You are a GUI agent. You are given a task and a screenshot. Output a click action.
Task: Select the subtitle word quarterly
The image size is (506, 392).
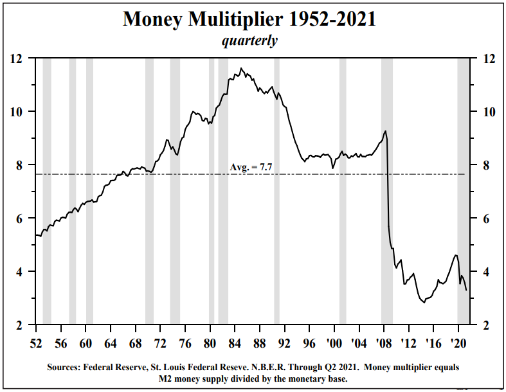click(249, 40)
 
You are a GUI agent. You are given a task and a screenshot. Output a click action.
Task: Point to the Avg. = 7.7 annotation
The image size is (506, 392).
click(251, 167)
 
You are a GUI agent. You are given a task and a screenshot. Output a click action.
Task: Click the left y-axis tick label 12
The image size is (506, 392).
click(18, 58)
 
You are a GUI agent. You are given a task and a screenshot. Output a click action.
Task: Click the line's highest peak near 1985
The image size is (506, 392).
click(241, 68)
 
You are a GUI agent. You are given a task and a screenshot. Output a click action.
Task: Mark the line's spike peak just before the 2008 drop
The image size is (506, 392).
click(385, 131)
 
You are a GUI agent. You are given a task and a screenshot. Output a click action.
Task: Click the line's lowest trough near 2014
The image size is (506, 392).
click(424, 303)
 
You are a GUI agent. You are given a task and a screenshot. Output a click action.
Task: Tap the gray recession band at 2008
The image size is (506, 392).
click(387, 193)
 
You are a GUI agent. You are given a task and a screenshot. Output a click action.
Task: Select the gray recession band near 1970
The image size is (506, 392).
click(149, 193)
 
